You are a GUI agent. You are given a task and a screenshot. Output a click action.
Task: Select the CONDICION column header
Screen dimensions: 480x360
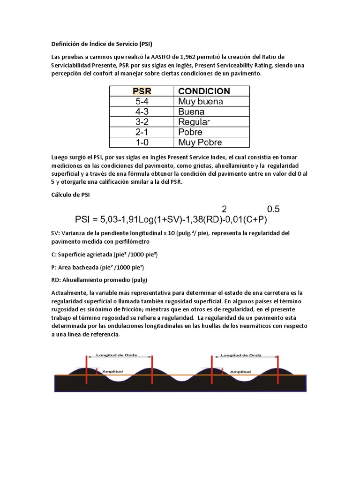[x=204, y=91]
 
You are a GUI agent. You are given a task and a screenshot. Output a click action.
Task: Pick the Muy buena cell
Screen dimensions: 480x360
[x=200, y=101]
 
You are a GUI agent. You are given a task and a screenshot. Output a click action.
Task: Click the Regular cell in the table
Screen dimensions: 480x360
[x=194, y=122]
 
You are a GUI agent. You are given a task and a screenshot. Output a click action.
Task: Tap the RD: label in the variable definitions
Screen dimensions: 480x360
[x=56, y=280]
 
